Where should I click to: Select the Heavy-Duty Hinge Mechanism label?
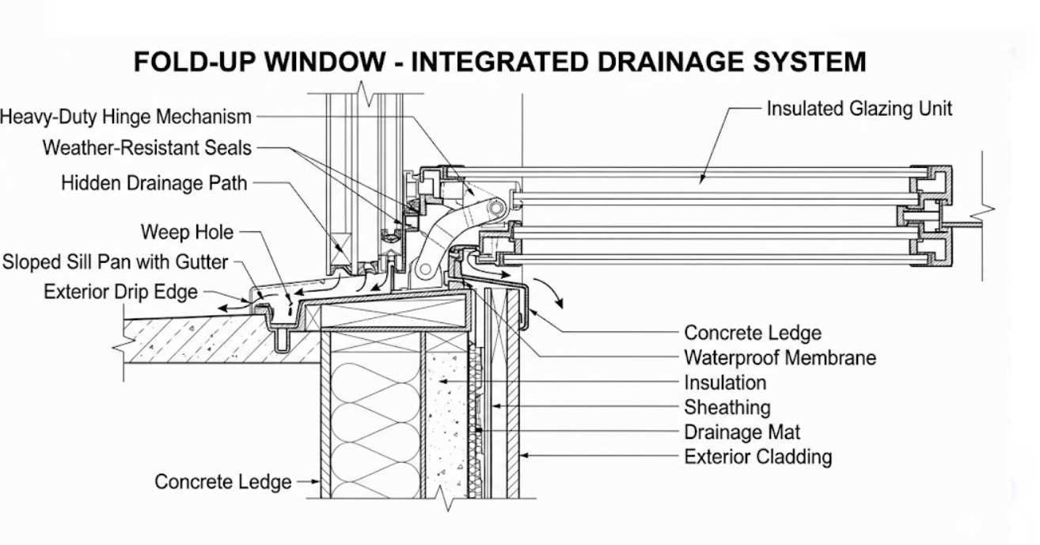click(x=125, y=117)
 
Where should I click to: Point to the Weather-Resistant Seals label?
click(x=146, y=147)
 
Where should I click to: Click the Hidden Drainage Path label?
click(x=154, y=183)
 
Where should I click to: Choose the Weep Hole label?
click(x=187, y=232)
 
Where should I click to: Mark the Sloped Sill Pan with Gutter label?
click(x=115, y=262)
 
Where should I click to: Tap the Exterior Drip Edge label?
click(x=120, y=292)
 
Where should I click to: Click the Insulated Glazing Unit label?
click(x=859, y=109)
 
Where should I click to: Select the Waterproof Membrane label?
click(x=780, y=357)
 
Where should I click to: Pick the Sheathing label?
click(x=727, y=408)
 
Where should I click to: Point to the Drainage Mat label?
click(x=742, y=433)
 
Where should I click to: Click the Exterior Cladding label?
click(x=757, y=457)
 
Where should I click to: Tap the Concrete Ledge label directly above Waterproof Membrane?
click(x=752, y=333)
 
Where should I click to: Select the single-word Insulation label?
click(x=725, y=383)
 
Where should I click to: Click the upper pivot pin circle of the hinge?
click(x=496, y=208)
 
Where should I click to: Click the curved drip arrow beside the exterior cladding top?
click(x=557, y=294)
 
